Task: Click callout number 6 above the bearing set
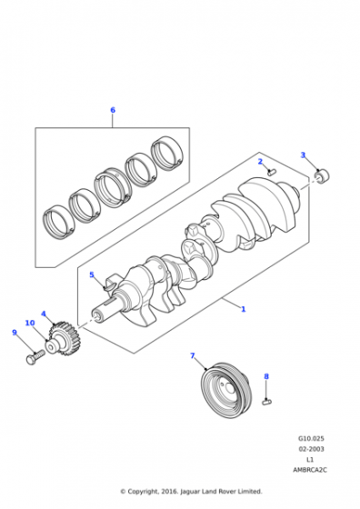click(x=113, y=110)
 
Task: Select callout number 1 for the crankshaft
click(x=243, y=309)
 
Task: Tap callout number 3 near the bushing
click(x=303, y=155)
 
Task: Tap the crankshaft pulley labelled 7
click(x=225, y=390)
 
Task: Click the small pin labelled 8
click(x=266, y=402)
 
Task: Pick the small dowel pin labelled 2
click(x=272, y=172)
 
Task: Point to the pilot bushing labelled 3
click(x=322, y=175)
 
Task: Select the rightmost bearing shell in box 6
click(x=167, y=153)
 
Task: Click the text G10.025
click(x=311, y=438)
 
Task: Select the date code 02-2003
click(x=311, y=449)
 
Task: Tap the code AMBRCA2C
click(x=310, y=470)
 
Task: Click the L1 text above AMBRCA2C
click(x=310, y=459)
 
